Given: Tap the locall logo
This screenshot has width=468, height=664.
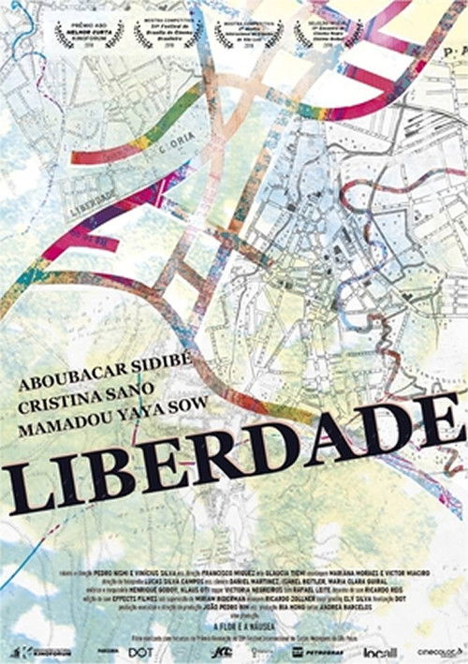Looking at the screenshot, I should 382,650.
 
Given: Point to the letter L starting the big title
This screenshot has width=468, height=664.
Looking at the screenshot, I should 35,492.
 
